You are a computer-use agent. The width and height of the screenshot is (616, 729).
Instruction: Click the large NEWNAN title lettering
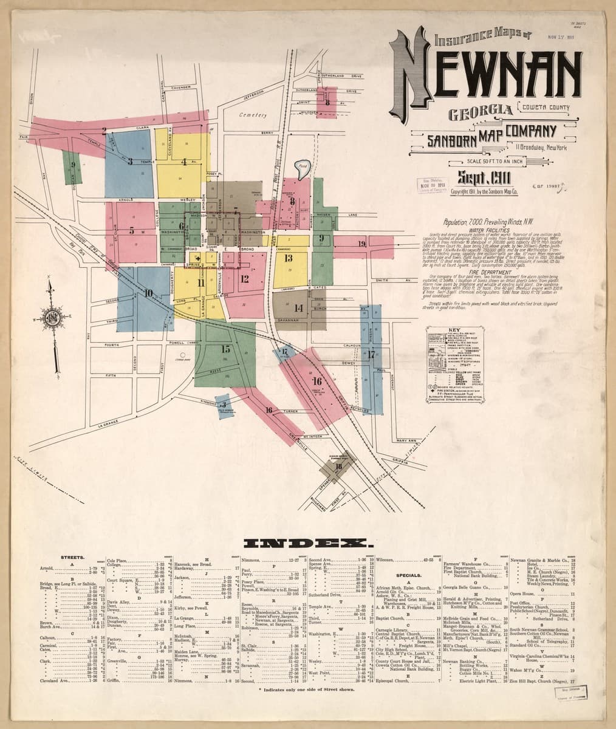point(486,79)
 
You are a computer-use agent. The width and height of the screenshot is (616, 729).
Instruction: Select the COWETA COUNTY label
point(544,109)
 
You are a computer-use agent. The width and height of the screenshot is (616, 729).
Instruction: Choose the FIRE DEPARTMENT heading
point(484,273)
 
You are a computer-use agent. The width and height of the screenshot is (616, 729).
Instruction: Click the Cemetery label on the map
point(253,115)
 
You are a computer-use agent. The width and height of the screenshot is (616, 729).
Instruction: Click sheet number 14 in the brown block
point(298,307)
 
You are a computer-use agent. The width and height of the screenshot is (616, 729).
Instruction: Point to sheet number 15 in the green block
point(225,349)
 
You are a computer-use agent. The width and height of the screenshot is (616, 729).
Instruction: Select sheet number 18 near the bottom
point(338,466)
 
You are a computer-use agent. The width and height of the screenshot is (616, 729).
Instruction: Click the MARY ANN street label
point(404,441)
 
